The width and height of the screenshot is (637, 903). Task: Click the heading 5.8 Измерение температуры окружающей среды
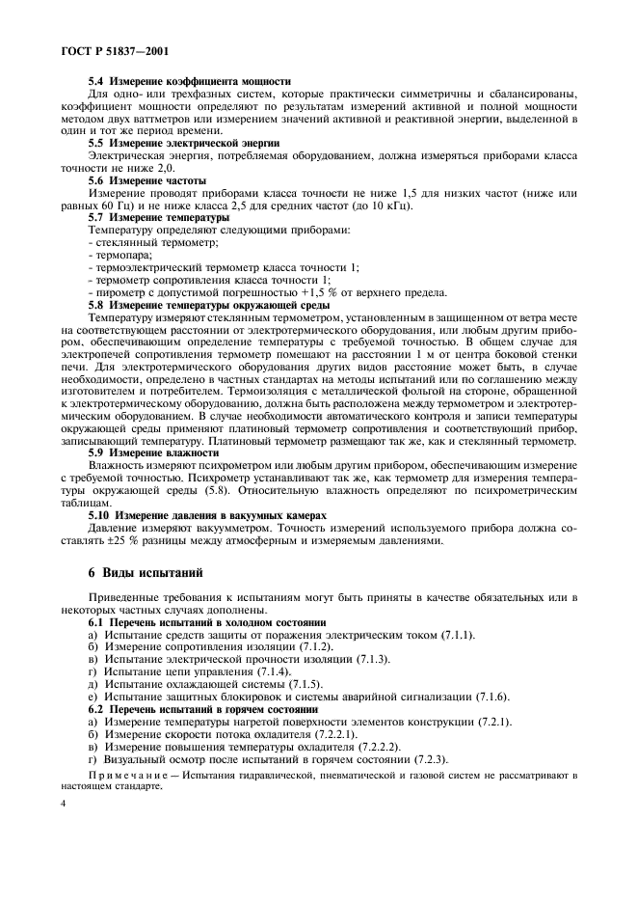[x=211, y=306]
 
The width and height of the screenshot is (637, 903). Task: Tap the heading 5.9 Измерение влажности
[x=153, y=451]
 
